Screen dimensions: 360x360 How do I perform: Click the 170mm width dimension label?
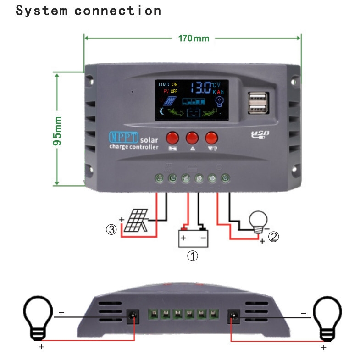[x=194, y=38]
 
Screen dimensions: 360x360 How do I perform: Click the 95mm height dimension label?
[x=58, y=131]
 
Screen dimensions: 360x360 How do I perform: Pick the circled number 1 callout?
[x=193, y=256]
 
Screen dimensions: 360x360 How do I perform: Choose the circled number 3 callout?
[x=111, y=230]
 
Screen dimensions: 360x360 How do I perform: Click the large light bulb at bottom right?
[x=327, y=316]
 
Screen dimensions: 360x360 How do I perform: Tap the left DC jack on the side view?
[x=133, y=315]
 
